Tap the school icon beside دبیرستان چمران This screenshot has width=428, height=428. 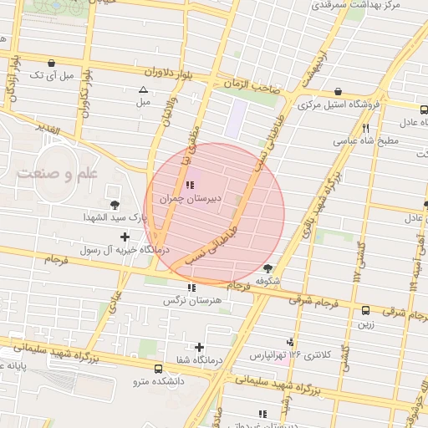[x=190, y=185]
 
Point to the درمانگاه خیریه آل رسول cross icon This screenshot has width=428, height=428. [x=125, y=237]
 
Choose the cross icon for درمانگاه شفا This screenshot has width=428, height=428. [x=199, y=347]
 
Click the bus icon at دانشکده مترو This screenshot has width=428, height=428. [x=159, y=368]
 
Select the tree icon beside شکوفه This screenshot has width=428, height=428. [x=267, y=268]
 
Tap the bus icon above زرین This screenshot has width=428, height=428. [x=366, y=310]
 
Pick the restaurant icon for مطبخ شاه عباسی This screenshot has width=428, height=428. [x=365, y=128]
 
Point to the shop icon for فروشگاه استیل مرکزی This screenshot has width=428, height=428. [x=338, y=92]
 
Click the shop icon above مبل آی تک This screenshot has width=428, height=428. [x=52, y=63]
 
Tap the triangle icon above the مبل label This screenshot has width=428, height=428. [x=143, y=89]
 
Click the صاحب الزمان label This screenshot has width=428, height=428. [x=251, y=86]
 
